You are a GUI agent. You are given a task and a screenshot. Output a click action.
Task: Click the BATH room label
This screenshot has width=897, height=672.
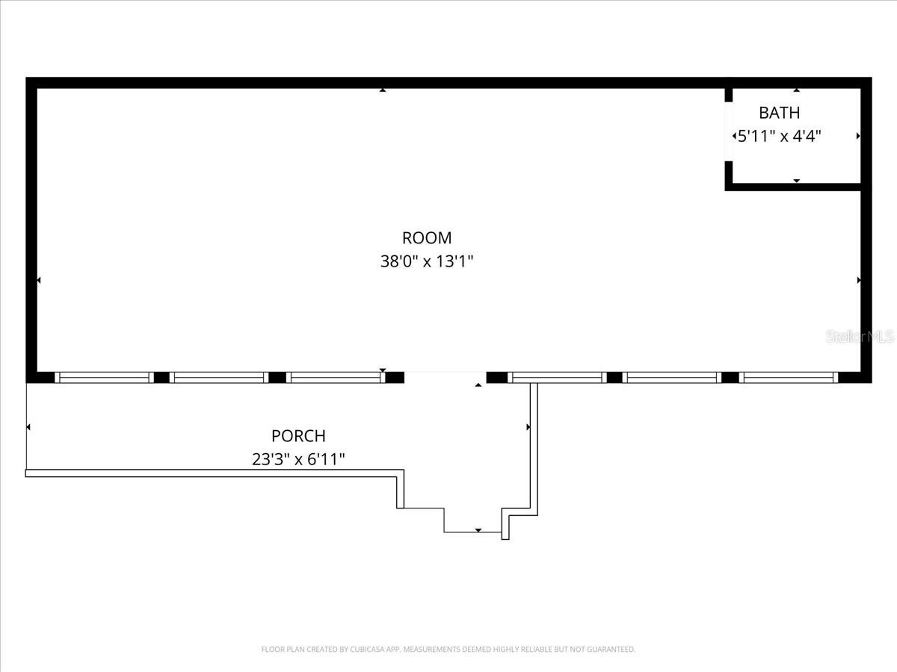coord(779,113)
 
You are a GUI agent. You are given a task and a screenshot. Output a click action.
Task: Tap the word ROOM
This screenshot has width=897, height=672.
coord(427,238)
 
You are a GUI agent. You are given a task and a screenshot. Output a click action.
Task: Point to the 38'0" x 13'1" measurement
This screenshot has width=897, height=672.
coord(427,262)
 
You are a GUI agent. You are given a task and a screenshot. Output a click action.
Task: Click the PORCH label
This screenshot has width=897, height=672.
coord(298,436)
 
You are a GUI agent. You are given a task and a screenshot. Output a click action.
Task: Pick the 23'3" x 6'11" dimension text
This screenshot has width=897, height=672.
coord(298,460)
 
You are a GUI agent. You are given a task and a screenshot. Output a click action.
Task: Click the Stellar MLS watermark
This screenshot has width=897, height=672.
coord(860,337)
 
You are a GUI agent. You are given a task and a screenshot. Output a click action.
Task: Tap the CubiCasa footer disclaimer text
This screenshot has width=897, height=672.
coord(449,650)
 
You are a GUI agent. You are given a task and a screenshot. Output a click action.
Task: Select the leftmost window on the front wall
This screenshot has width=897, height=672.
coord(104,378)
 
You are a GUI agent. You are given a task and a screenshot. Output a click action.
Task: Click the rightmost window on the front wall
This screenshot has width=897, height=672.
coord(789,378)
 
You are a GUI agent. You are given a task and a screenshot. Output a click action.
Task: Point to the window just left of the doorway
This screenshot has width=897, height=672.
coord(335,378)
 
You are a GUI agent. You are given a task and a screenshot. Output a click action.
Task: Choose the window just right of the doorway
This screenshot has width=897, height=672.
coord(557,378)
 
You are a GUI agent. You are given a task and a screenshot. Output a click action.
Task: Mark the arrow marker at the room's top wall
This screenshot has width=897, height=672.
coord(383,90)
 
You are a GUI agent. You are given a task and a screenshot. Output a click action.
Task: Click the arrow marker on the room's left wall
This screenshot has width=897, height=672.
coord(38,280)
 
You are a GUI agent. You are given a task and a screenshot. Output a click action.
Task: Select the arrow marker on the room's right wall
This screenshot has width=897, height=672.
coord(859,280)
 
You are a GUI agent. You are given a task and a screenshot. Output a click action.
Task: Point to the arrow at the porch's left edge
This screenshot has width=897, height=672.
coord(28,427)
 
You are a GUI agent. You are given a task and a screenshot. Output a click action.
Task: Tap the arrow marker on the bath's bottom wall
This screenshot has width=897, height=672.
coord(797,181)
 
